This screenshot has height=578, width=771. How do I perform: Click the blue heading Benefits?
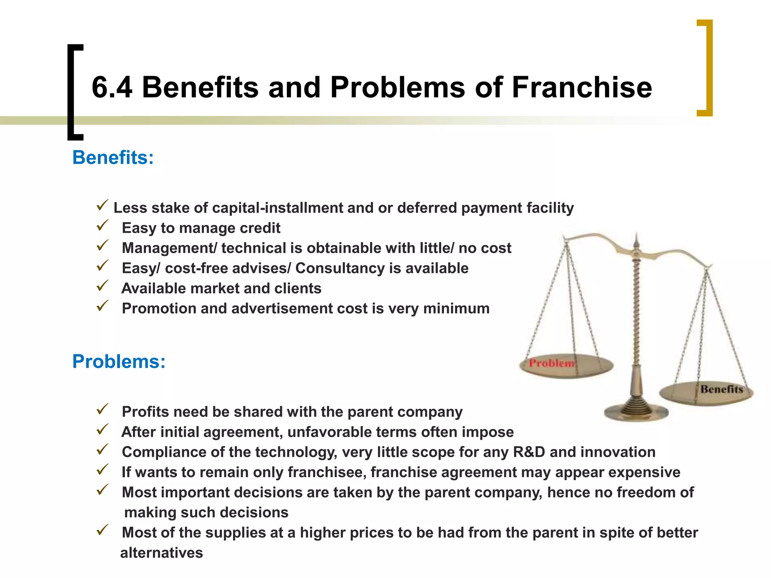click(x=113, y=157)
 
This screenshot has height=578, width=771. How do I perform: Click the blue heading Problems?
click(x=119, y=361)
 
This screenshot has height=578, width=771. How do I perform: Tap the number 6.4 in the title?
click(x=112, y=87)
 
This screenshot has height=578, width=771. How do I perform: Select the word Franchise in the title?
click(x=582, y=87)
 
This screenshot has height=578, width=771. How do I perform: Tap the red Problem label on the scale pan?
click(x=552, y=363)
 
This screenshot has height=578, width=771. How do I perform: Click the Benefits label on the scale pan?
click(x=721, y=389)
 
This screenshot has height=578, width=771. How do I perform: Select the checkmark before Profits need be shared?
click(x=102, y=409)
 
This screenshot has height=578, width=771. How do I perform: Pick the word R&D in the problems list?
click(x=529, y=452)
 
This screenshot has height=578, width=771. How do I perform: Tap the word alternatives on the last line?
click(x=162, y=553)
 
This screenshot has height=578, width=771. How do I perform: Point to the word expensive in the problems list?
click(x=644, y=472)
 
